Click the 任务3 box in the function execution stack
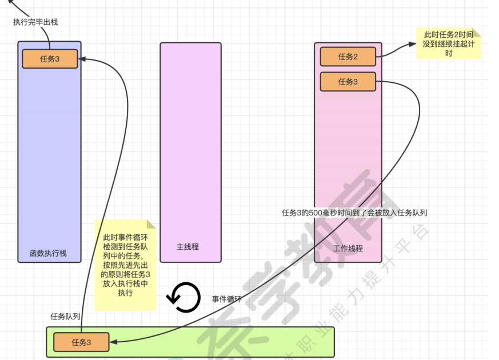50,59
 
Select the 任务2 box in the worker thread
348,57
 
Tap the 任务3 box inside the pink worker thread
348,82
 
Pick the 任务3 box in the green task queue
81,342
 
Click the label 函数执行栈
48,253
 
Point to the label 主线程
187,247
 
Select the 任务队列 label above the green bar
65,316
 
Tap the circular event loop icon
183,297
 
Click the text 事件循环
227,299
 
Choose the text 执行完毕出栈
35,22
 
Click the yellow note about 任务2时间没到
448,44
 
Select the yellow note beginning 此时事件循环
125,265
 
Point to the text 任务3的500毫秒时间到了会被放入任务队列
355,213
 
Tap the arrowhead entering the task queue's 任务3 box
113,342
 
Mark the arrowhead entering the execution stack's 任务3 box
82,58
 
